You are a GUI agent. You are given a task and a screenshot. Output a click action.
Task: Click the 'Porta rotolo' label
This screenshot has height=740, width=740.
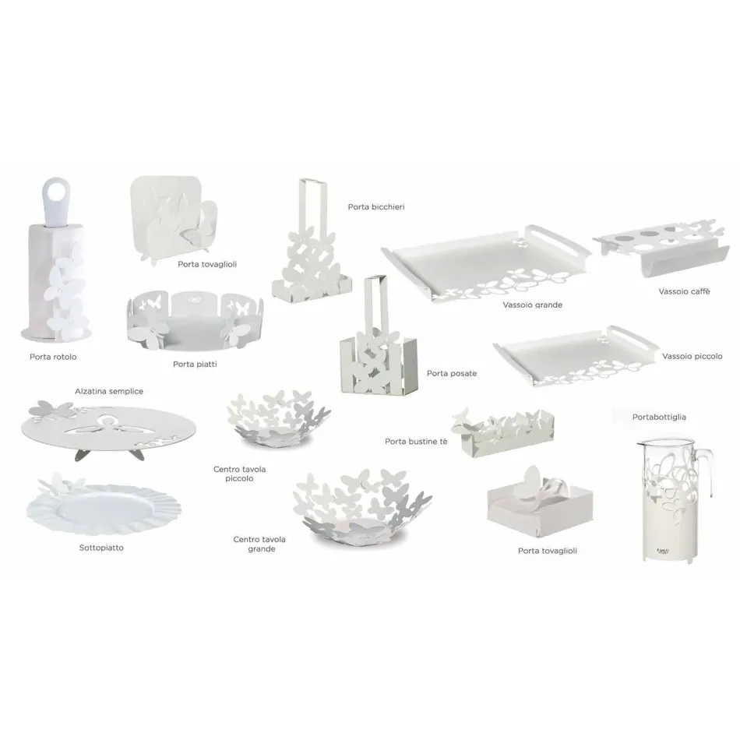click(53, 357)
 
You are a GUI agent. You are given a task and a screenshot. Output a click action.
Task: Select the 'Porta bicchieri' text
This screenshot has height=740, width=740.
click(376, 206)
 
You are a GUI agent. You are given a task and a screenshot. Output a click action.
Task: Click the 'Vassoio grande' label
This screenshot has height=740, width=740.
click(532, 305)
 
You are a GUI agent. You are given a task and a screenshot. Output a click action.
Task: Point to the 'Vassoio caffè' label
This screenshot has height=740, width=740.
click(685, 291)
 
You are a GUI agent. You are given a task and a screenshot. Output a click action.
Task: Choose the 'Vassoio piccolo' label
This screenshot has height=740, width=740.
click(692, 356)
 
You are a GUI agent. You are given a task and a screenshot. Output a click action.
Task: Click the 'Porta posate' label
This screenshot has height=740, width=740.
click(452, 373)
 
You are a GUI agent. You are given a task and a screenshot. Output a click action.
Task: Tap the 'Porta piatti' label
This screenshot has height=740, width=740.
click(195, 365)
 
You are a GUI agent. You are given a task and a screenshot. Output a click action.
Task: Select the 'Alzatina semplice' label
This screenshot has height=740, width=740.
click(109, 391)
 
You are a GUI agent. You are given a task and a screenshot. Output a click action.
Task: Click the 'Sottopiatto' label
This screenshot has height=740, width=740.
click(101, 548)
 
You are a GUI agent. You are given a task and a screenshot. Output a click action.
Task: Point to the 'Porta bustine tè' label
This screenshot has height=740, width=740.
click(416, 442)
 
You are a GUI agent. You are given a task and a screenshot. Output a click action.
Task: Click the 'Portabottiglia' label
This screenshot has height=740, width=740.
click(659, 418)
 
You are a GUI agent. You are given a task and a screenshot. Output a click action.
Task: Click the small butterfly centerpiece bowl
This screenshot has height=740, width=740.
click(278, 418)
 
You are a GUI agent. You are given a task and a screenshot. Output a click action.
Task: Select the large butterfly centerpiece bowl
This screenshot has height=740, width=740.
click(361, 507)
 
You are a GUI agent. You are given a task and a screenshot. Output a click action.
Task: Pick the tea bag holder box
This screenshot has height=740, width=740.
click(502, 432)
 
